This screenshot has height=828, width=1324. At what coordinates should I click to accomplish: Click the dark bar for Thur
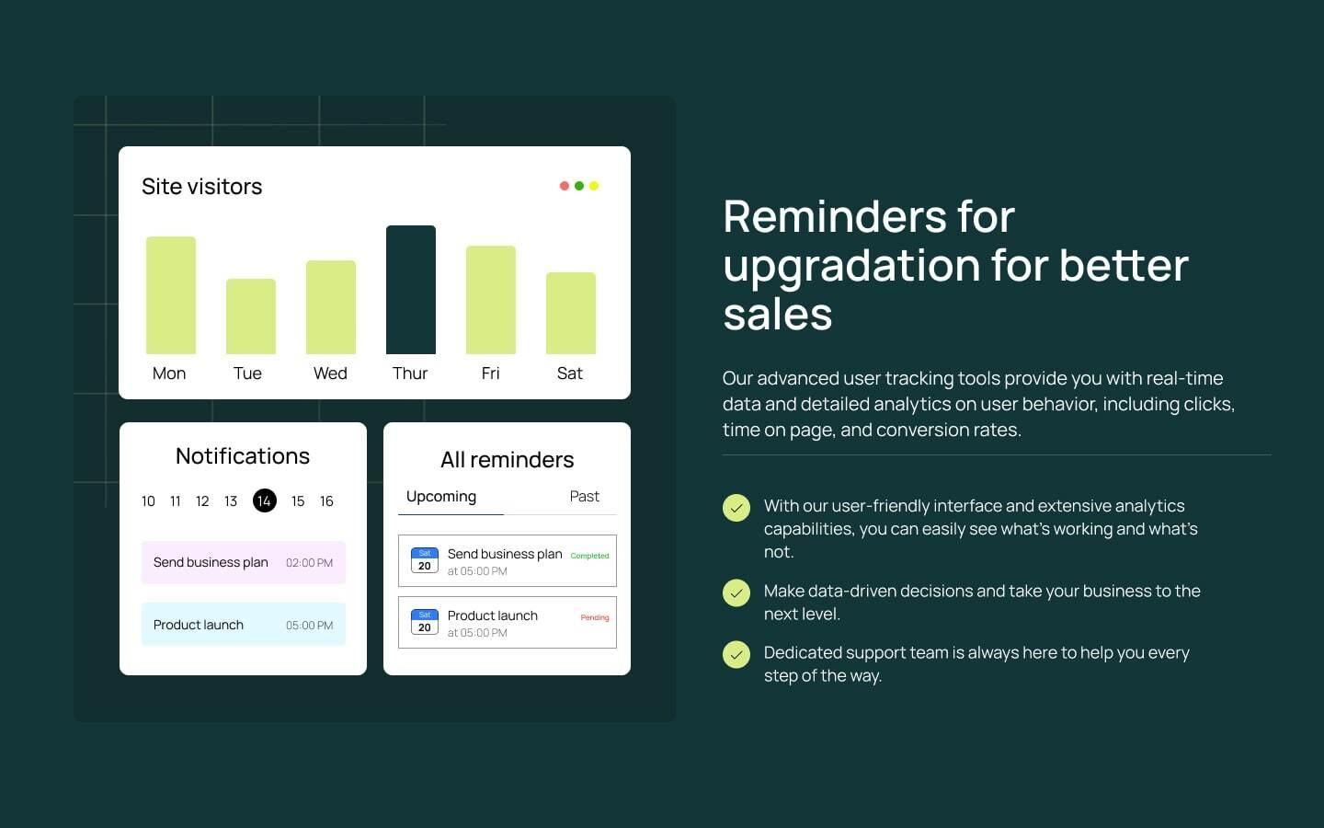tap(411, 290)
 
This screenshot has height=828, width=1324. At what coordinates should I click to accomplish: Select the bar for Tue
tap(251, 316)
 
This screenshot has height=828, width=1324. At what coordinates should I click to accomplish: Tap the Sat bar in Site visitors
tap(571, 313)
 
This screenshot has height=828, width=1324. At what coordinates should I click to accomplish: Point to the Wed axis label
tap(330, 374)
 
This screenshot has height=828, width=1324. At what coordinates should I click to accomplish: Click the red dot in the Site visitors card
tap(565, 186)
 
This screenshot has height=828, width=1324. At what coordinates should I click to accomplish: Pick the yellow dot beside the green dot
tap(594, 186)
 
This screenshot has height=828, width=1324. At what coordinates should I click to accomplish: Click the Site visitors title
tap(202, 187)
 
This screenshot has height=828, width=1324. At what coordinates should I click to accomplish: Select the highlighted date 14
tap(264, 500)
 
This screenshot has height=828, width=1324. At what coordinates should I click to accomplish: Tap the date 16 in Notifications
tap(326, 501)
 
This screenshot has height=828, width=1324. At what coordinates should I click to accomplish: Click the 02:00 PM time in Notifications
tap(309, 563)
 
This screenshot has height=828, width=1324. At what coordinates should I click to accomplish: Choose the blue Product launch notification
tap(244, 625)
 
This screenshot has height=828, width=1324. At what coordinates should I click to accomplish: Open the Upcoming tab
tap(441, 497)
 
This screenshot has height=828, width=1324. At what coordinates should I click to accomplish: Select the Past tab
tap(584, 497)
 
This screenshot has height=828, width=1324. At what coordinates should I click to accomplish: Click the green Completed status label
tap(589, 556)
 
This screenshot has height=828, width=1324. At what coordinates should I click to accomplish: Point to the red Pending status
tap(595, 617)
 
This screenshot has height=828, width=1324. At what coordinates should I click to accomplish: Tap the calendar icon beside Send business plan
tap(424, 560)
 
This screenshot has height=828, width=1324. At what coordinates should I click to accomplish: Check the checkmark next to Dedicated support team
tap(736, 655)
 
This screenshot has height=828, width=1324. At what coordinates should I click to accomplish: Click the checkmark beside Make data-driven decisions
tap(736, 593)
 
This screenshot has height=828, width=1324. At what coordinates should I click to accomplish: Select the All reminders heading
tap(507, 460)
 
